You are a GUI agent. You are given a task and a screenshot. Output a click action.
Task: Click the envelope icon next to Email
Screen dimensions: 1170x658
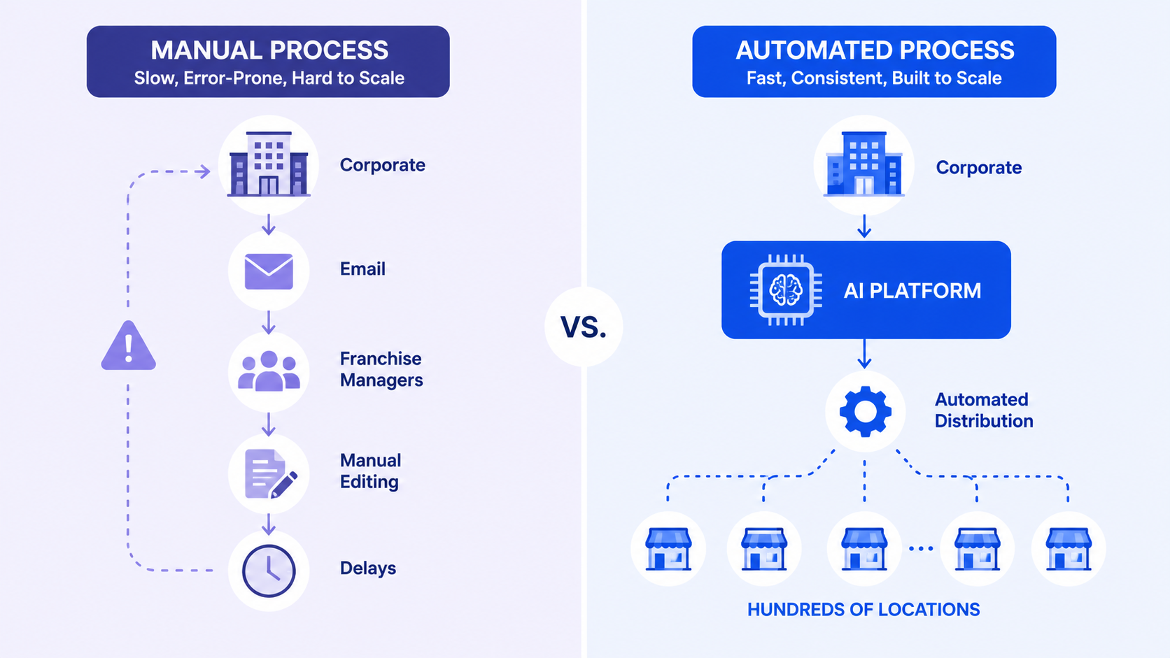(269, 271)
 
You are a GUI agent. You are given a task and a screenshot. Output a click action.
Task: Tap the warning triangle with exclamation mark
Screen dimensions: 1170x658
(129, 346)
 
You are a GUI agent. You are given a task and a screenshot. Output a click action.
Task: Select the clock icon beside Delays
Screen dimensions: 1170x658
(269, 571)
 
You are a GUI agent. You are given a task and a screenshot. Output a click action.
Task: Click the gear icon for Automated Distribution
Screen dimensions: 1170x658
(865, 412)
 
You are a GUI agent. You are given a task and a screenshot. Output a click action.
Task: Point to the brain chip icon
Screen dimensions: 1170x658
(786, 290)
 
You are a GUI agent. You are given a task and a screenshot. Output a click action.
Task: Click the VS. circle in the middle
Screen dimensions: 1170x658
(584, 327)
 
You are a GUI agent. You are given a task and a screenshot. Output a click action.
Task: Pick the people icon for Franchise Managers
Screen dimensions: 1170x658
(269, 371)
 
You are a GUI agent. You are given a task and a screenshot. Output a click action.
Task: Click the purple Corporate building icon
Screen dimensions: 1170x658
(269, 164)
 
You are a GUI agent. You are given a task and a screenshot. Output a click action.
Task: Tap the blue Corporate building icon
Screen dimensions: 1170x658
(864, 164)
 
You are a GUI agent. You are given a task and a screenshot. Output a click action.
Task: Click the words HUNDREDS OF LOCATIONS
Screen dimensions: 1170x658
(864, 610)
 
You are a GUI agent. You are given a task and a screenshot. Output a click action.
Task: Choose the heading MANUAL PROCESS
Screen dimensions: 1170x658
(269, 50)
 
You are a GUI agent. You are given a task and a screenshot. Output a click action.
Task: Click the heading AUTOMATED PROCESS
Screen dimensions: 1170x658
(875, 50)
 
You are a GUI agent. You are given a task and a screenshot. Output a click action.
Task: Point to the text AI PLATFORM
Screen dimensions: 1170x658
(912, 291)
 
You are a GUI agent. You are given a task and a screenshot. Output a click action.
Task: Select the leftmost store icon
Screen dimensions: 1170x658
(668, 549)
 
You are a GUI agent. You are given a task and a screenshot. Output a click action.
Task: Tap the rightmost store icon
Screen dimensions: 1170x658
(1068, 549)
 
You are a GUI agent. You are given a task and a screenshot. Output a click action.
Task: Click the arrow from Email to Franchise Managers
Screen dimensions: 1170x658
(269, 322)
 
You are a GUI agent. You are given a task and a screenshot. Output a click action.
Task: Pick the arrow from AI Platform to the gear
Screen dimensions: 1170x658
(864, 354)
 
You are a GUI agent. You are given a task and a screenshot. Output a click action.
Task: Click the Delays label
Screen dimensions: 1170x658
(367, 568)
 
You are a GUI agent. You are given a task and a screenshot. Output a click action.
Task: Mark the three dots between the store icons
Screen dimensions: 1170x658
(921, 548)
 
